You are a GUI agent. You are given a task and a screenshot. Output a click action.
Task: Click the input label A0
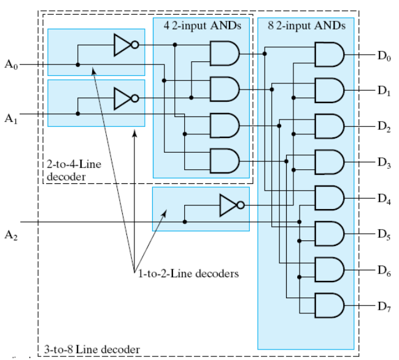point(12,64)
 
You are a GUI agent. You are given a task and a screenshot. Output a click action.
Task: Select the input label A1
point(12,118)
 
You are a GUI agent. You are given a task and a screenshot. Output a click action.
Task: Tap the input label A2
point(12,234)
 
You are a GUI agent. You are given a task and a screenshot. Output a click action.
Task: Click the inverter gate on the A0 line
point(125,45)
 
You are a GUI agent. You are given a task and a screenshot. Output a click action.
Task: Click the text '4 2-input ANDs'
point(202,26)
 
